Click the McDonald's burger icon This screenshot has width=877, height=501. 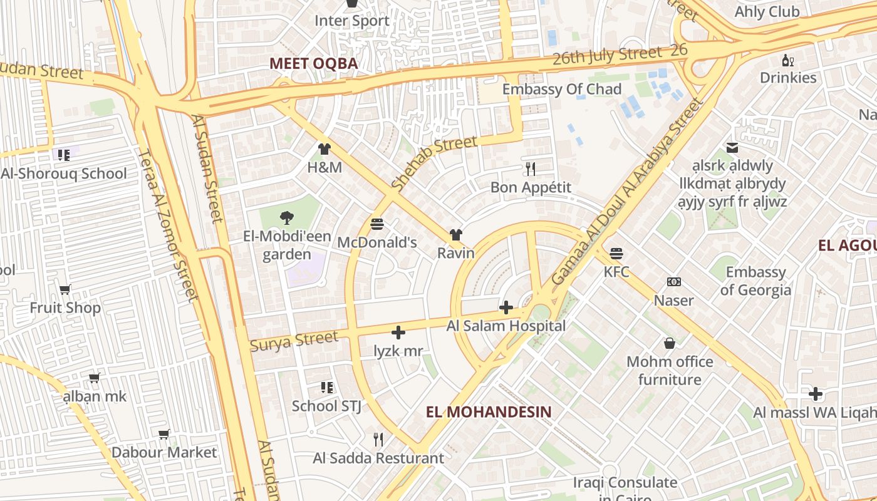[x=377, y=224]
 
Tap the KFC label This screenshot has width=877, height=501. [x=616, y=272]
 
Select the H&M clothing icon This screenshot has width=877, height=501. [x=324, y=149]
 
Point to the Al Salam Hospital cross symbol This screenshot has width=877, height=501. [x=506, y=307]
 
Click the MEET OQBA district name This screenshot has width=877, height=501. [x=313, y=63]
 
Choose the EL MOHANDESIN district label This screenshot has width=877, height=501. [x=489, y=411]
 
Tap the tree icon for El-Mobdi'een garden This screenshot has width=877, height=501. [x=287, y=218]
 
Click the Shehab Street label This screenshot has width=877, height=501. [x=433, y=163]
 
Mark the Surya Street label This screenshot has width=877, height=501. [x=294, y=341]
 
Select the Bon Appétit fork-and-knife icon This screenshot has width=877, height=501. [x=531, y=169]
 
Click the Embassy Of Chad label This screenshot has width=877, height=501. [x=562, y=89]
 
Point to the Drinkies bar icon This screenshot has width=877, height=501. [x=788, y=60]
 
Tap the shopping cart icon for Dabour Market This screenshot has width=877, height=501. [x=164, y=434]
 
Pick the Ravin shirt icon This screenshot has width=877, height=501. [x=456, y=235]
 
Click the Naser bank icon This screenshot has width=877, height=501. [x=674, y=282]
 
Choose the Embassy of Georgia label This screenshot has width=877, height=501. [x=755, y=281]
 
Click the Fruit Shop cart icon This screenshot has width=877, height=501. [x=65, y=289]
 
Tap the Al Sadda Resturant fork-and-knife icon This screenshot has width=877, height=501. [x=378, y=440]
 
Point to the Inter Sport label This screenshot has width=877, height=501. [x=352, y=21]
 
